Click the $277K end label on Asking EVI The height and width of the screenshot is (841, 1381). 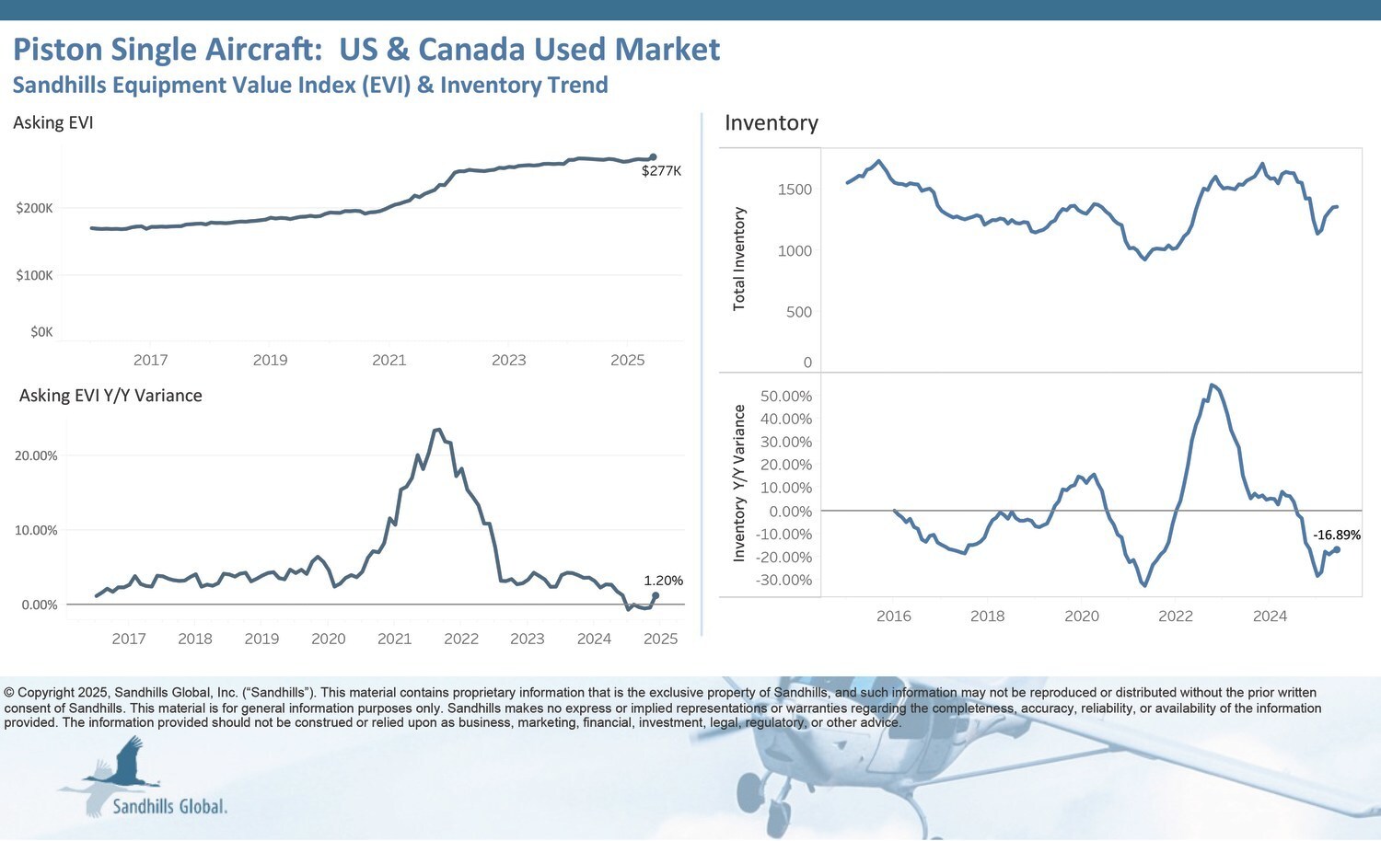pyautogui.click(x=661, y=171)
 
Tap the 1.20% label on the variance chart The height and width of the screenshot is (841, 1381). pyautogui.click(x=663, y=581)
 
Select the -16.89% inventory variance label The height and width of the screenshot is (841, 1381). pyautogui.click(x=1336, y=535)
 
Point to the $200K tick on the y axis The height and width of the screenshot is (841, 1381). pyautogui.click(x=35, y=208)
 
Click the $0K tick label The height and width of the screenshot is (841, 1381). pyautogui.click(x=41, y=332)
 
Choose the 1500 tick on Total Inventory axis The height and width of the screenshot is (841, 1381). pyautogui.click(x=795, y=190)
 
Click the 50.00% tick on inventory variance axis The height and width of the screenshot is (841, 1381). pyautogui.click(x=785, y=397)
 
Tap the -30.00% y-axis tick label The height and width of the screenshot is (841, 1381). pyautogui.click(x=783, y=580)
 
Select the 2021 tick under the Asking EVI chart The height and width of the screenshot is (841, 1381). pyautogui.click(x=389, y=360)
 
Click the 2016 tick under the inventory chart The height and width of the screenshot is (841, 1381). pyautogui.click(x=893, y=616)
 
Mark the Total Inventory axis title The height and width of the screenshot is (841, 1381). pyautogui.click(x=738, y=259)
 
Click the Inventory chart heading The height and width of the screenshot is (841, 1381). pyautogui.click(x=771, y=123)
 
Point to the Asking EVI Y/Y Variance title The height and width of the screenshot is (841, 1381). pyautogui.click(x=110, y=396)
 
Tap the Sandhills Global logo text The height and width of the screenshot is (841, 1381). pyautogui.click(x=169, y=807)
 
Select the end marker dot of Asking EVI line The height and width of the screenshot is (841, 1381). pyautogui.click(x=653, y=157)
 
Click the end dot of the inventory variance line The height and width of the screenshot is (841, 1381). pyautogui.click(x=1336, y=549)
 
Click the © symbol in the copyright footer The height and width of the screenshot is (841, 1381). pyautogui.click(x=9, y=693)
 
